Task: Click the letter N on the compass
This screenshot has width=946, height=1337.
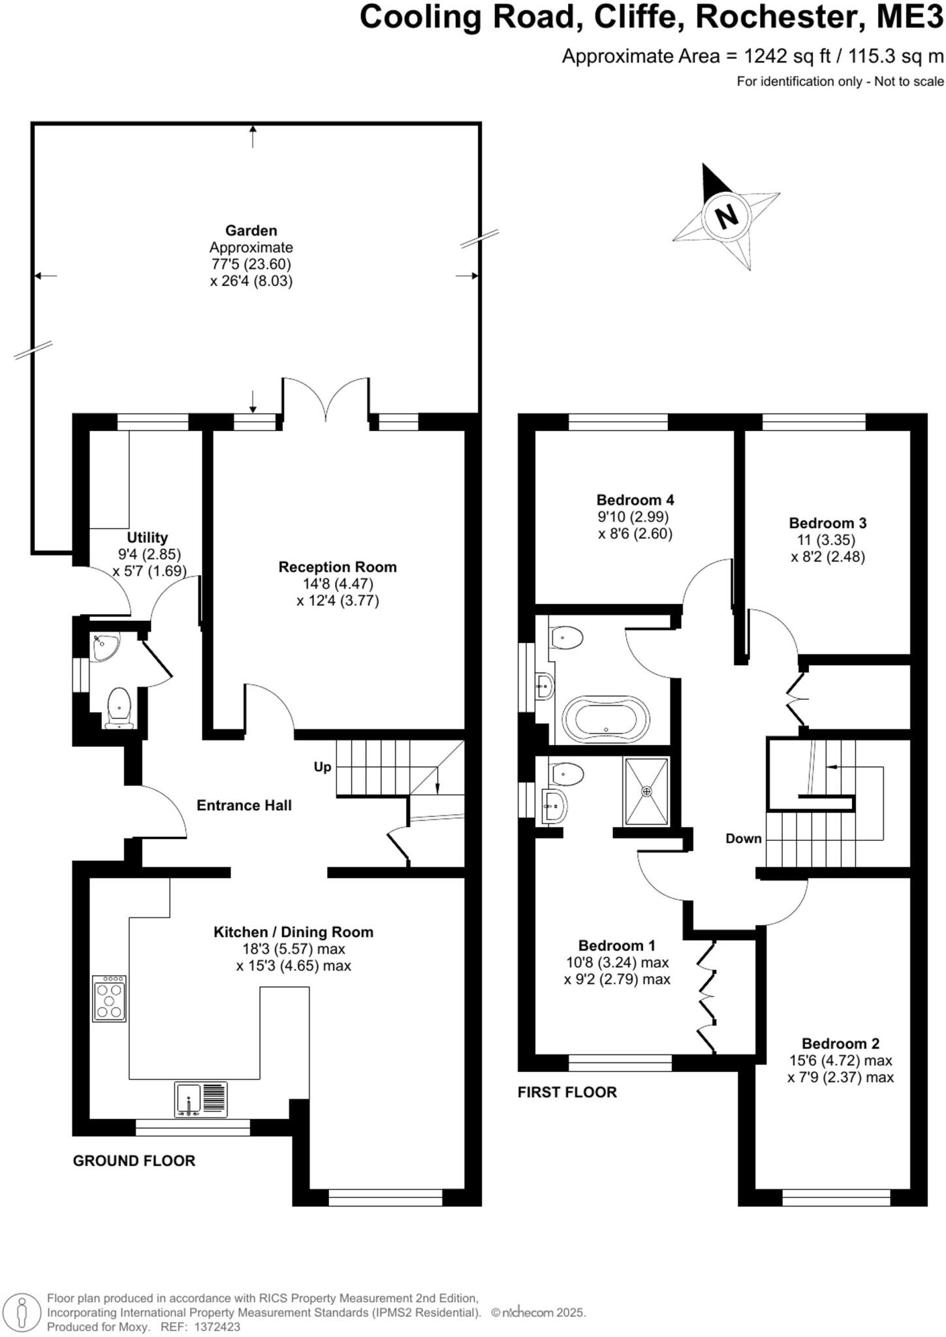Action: tap(726, 215)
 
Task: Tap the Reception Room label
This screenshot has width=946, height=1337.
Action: tap(338, 567)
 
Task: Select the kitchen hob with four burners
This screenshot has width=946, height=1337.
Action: tap(109, 998)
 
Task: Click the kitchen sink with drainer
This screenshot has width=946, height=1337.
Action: tap(201, 1099)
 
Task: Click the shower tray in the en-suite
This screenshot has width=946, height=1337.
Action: tap(646, 791)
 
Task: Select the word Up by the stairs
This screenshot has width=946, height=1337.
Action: tap(323, 767)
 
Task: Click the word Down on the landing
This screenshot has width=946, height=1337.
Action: tap(744, 838)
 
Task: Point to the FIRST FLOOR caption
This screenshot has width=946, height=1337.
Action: tap(567, 1092)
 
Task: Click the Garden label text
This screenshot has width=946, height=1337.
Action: tap(251, 230)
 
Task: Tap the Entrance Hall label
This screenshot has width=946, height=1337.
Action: tap(244, 806)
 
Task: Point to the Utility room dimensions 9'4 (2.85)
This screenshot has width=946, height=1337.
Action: tap(149, 554)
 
